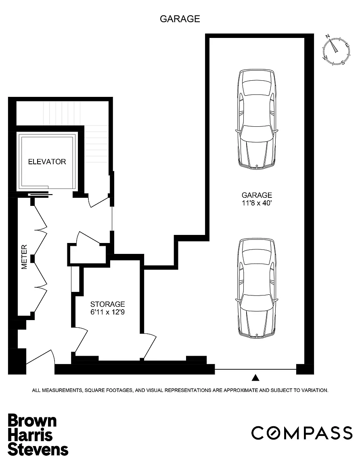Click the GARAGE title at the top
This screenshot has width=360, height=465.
pos(180,19)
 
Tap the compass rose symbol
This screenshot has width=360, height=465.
pos(336,50)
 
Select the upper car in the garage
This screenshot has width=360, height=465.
pos(257,119)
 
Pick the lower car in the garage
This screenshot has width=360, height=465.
pos(257,288)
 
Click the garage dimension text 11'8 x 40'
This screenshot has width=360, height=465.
pos(257,203)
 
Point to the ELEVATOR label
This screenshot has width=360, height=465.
pos(47,161)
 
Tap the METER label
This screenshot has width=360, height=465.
pos(24,257)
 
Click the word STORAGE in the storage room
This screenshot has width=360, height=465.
pos(107,304)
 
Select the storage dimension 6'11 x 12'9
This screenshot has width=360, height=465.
pos(107,312)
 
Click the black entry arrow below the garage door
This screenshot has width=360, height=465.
pos(255,378)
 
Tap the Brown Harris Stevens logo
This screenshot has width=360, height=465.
pos(38,435)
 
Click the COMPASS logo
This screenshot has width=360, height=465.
pos(302,433)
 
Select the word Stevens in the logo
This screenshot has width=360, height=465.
pos(38,449)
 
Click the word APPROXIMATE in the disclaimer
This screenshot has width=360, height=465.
pos(241,390)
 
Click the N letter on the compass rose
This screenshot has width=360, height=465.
pos(328,36)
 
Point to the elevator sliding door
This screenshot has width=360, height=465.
pos(40,195)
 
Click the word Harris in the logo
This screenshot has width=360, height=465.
pos(30,435)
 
